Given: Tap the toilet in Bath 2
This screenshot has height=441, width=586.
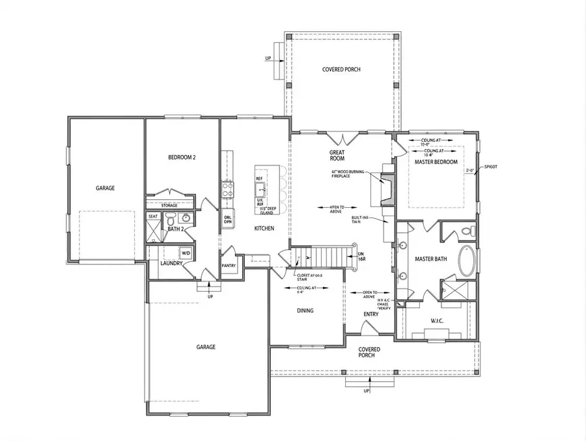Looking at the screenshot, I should pos(170,218).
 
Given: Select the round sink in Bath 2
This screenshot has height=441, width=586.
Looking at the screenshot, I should pos(185,218).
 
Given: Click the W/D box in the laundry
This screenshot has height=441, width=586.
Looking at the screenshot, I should pos(186,253).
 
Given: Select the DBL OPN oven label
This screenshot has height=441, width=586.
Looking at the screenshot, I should pos(228,220).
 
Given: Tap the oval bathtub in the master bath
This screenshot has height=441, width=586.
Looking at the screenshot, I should pos(467,259).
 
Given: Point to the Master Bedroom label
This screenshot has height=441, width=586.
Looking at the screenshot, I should pos(436,162).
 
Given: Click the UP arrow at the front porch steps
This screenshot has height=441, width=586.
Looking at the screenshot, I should pos(367,390).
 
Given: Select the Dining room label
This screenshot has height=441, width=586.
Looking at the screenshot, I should pos(305,311).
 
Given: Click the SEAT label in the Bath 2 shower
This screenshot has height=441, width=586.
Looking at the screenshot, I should pos(153,216).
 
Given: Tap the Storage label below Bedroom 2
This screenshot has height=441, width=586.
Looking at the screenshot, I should pos(169,205).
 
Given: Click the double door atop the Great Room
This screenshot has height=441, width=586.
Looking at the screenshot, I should pos(341,137).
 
